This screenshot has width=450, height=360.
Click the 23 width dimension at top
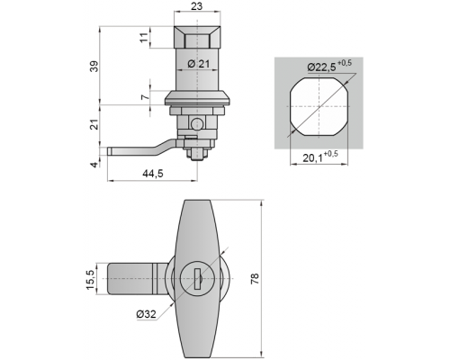pos(197,6)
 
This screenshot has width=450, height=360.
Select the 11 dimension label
pos(144,37)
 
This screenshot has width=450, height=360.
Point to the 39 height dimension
pos(94,66)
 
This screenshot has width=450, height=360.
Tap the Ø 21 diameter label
pos(198,64)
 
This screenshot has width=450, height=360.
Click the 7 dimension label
pos(145,97)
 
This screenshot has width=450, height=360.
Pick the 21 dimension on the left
pos(94,124)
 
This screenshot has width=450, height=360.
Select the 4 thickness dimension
pos(94,165)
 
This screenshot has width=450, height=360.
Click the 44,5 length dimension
pos(153,173)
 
